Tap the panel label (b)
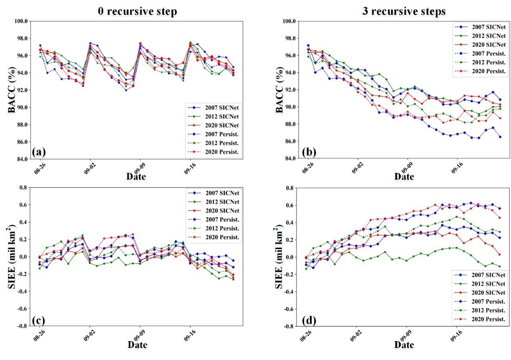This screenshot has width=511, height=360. (x=307, y=150)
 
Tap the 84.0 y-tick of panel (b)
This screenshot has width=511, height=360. (x=289, y=159)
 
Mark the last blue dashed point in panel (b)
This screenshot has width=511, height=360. (x=500, y=137)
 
